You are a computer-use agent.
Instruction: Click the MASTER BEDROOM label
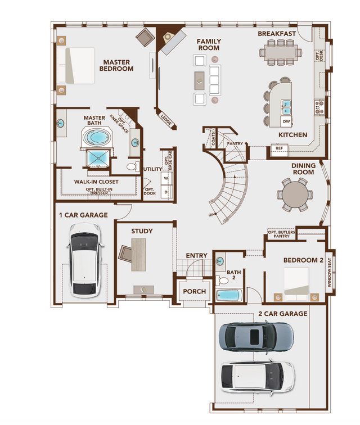116,65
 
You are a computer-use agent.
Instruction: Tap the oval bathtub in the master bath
98,137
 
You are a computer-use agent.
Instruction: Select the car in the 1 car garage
85,260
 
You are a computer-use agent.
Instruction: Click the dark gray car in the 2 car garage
256,337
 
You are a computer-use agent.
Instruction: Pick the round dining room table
295,194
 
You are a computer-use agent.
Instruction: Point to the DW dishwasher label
286,121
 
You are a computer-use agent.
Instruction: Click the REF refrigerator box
279,148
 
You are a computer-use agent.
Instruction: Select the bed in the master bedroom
79,66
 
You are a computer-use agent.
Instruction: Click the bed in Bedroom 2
296,283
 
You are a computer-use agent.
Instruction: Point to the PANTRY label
235,143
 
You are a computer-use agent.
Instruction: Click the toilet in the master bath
133,166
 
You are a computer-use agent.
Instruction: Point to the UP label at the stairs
211,215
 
